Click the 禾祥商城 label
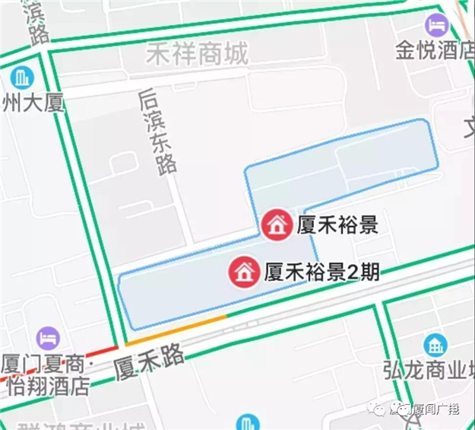point(197,54)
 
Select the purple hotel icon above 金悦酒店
point(436,25)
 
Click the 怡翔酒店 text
point(47,385)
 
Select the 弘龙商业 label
point(434,372)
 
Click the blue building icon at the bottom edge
point(246,423)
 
